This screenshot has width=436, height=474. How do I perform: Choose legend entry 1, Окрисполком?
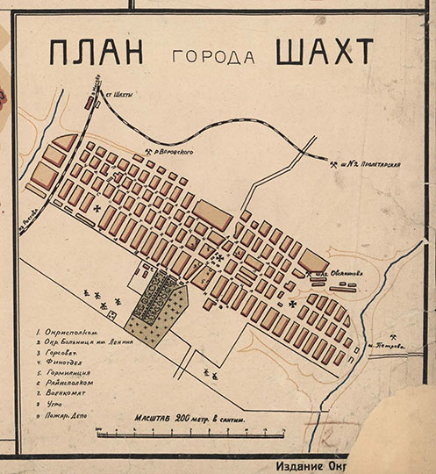pyautogui.click(x=67, y=333)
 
